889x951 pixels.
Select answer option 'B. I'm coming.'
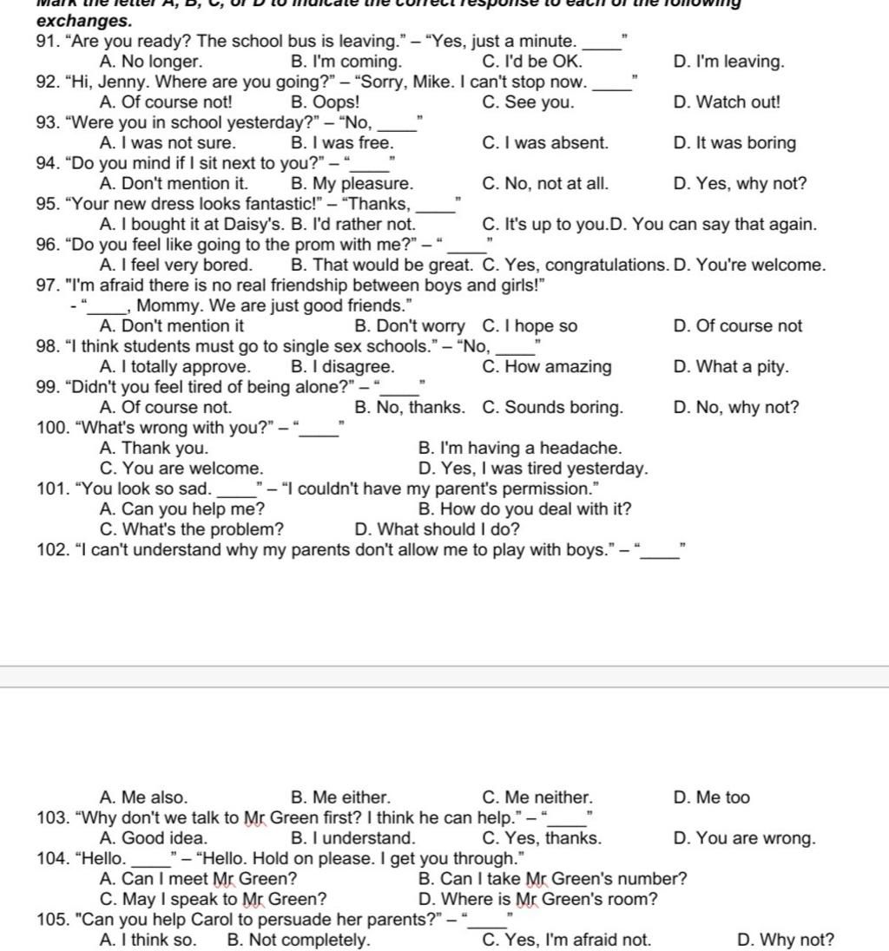point(346,62)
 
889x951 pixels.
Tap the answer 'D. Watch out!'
point(726,102)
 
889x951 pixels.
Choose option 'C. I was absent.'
point(544,143)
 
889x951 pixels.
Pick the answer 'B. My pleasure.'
point(352,184)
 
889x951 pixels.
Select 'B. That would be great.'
point(383,266)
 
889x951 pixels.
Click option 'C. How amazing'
point(546,367)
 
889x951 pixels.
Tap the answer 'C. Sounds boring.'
point(551,408)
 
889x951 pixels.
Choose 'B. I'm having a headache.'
point(519,449)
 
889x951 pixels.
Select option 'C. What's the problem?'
point(191,530)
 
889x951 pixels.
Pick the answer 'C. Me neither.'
point(537,798)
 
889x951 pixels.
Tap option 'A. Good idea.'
point(154,839)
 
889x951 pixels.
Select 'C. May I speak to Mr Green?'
point(213,900)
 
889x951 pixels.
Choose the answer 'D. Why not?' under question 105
point(784,941)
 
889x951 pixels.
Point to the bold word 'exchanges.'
point(84,20)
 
